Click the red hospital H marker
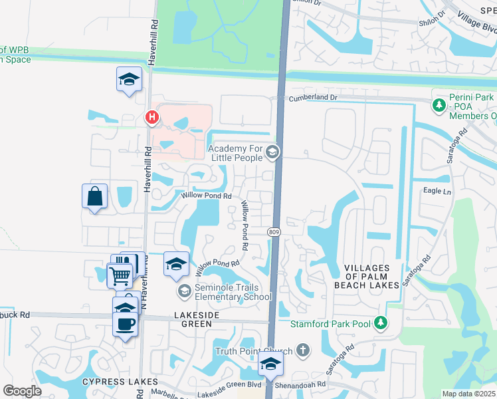152,118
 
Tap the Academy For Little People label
236,153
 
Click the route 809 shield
274,231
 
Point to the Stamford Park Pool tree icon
380,323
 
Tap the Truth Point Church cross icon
303,350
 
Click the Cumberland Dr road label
313,98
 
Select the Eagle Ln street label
437,192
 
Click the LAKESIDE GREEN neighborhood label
184,324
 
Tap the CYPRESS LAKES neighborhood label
120,382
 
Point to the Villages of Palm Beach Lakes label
371,276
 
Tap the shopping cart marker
120,275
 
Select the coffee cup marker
126,325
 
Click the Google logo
22,391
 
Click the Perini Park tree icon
439,105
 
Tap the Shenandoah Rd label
302,384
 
